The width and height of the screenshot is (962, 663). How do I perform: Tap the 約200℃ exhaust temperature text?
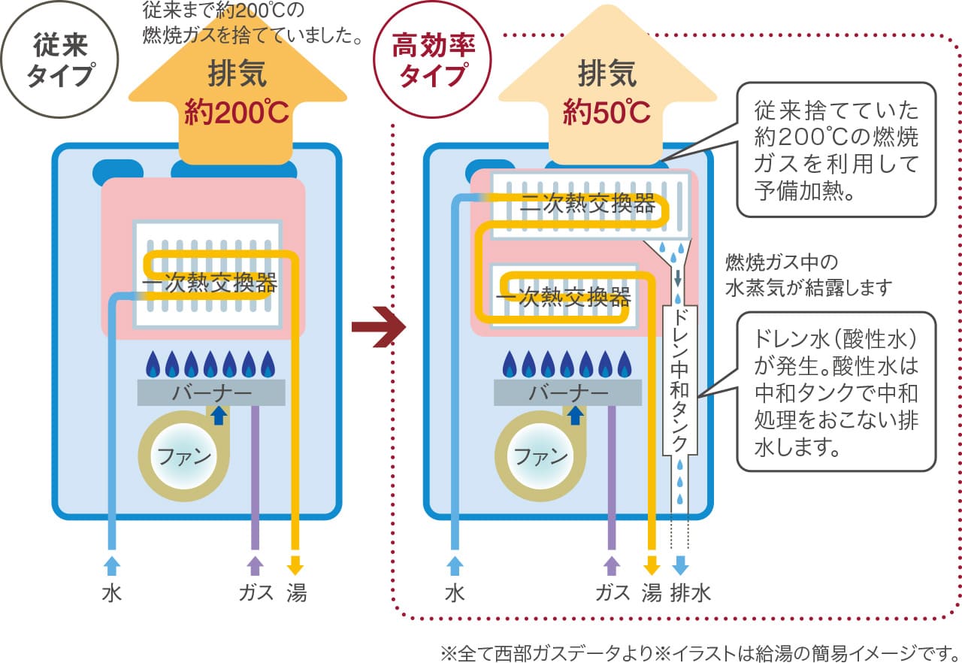click(x=237, y=113)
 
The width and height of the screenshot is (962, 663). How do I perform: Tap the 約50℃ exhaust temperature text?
click(x=607, y=113)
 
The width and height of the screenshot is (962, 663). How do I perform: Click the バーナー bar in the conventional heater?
click(x=211, y=392)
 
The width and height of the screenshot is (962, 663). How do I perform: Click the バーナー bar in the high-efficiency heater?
click(x=568, y=392)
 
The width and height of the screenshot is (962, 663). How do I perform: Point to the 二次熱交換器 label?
click(x=588, y=204)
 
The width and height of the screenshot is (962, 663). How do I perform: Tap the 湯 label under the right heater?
click(x=651, y=594)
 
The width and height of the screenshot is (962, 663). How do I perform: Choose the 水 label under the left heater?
click(x=112, y=594)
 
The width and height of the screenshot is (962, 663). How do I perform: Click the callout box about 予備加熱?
click(x=836, y=150)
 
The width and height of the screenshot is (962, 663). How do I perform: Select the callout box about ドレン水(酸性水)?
click(x=836, y=391)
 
